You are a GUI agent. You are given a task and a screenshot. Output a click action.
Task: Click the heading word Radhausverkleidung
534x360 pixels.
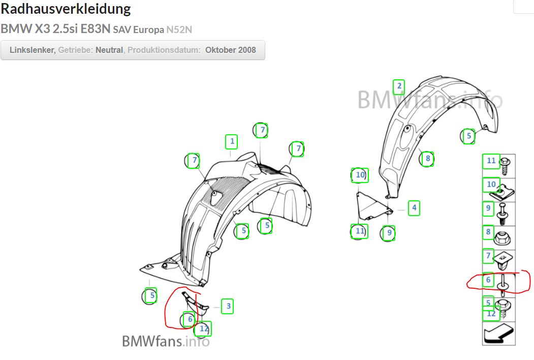pos(66,9)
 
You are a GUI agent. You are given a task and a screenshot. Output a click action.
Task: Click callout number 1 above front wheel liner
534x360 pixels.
pos(232,141)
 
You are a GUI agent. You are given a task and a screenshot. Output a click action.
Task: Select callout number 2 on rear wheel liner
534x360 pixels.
pos(399,86)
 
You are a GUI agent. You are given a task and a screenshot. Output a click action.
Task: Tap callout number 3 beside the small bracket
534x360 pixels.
pos(229,306)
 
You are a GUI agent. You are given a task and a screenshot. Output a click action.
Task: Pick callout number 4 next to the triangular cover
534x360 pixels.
pos(415,207)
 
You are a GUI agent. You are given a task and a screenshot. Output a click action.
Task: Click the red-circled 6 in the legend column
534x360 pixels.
pos(488,280)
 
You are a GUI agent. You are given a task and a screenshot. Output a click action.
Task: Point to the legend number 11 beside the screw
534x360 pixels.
pos(491,161)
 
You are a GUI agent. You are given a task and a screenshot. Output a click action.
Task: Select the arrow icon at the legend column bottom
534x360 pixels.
pos(498,334)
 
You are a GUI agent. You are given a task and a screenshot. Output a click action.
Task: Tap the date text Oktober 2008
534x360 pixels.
pos(231,50)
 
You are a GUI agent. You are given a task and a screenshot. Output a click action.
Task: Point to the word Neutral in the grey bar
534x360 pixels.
pos(109,50)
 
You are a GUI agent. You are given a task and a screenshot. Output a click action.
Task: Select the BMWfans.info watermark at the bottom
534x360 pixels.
pos(166,341)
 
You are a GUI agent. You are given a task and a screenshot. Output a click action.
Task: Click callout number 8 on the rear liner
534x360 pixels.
pos(428,159)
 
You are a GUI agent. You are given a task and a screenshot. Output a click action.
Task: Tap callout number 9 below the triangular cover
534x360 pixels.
pos(389,233)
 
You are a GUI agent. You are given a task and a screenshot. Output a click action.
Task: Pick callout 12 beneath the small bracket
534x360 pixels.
pos(204,329)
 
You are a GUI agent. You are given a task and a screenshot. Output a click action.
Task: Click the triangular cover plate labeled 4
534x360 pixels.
pos(371,205)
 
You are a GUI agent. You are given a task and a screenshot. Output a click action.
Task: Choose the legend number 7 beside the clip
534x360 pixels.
pos(488,256)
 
